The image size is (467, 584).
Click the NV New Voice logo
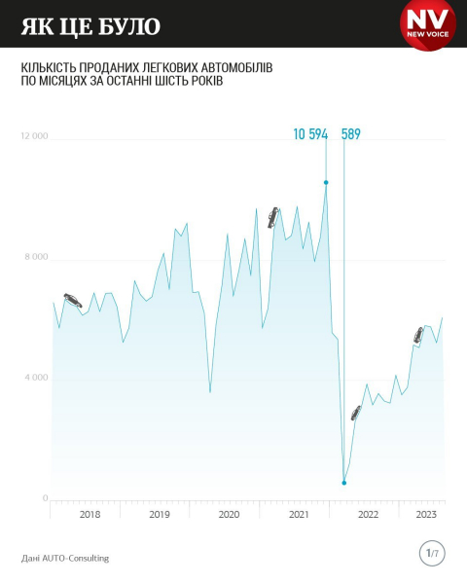(x=428, y=23)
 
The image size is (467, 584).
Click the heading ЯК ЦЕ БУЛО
(x=90, y=26)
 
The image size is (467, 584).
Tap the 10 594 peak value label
(x=310, y=134)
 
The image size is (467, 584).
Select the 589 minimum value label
(x=351, y=134)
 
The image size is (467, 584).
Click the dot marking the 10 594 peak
(x=326, y=183)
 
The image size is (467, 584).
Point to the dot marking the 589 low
(x=344, y=483)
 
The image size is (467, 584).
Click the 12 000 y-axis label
(x=34, y=136)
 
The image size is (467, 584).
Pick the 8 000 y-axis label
(x=37, y=257)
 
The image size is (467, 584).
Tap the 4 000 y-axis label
(x=37, y=378)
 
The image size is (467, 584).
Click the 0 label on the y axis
(x=46, y=498)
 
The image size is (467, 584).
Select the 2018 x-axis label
(x=90, y=514)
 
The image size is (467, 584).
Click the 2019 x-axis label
(x=160, y=514)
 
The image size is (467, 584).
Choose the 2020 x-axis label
(x=229, y=514)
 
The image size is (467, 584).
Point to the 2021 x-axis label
(x=299, y=514)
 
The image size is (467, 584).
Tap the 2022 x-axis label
(x=369, y=514)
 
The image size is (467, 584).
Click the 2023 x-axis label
(x=426, y=514)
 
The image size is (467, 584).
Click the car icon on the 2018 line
(x=73, y=300)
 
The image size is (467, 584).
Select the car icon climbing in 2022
(x=356, y=413)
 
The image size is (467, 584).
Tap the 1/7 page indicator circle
(x=432, y=553)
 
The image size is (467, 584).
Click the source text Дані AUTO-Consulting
(x=65, y=558)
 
